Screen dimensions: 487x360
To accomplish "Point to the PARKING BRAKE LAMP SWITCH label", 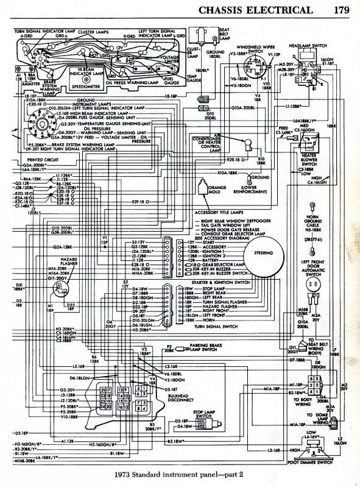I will [207, 349].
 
